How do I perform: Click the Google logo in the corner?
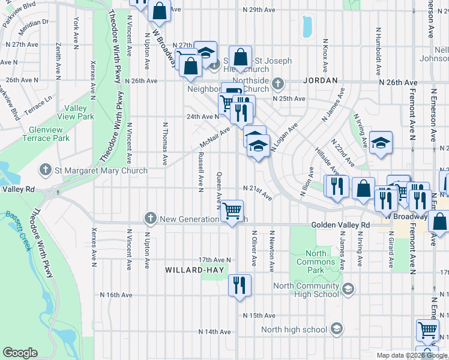[x=20, y=353]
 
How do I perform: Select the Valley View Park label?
[x=76, y=112]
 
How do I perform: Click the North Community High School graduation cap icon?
[x=347, y=290]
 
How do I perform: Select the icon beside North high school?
[x=337, y=328]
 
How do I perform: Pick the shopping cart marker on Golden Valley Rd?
[x=232, y=211]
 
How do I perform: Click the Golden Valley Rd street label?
[x=340, y=225]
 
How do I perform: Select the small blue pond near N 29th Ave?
[x=308, y=26]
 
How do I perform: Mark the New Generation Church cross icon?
[x=150, y=218]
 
